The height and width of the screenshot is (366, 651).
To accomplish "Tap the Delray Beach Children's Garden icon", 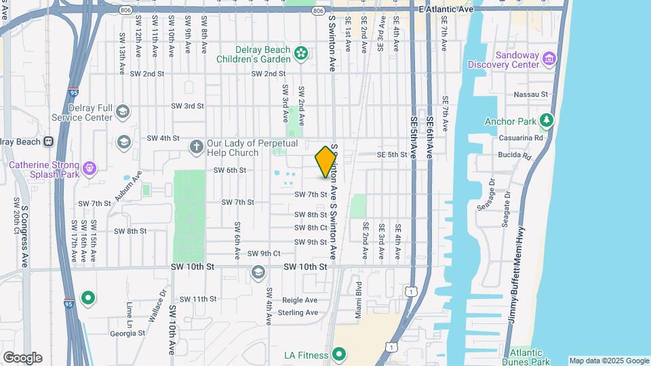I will [302, 52].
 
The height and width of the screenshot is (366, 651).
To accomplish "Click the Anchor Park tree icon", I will [547, 121].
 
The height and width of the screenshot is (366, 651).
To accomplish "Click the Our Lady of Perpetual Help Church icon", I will [197, 146].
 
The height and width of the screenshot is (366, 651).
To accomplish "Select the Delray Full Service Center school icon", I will [123, 111].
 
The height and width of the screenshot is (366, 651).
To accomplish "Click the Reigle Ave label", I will [300, 300].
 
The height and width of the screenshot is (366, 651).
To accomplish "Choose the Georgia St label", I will [127, 333].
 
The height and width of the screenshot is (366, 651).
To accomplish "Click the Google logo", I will [22, 357].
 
